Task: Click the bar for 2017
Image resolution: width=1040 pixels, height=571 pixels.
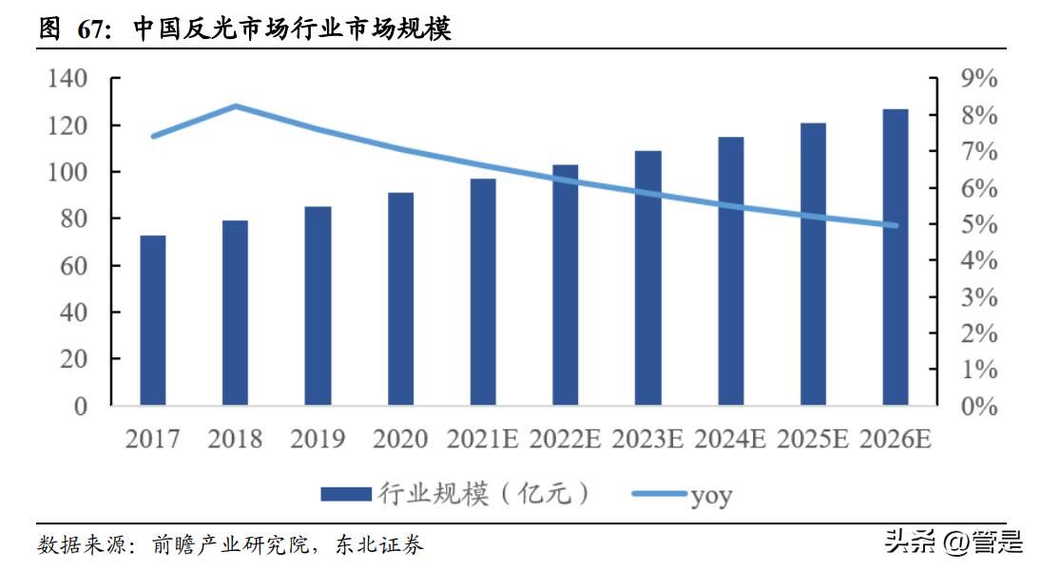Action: tap(152, 320)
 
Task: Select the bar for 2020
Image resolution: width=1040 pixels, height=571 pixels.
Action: tap(400, 299)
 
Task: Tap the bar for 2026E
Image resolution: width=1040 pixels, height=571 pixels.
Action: tap(896, 257)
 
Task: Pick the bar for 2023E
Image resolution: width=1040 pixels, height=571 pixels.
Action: tap(647, 278)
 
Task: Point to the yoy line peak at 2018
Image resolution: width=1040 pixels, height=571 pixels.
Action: tap(236, 106)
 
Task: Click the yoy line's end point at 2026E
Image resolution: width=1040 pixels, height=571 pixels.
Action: tap(895, 225)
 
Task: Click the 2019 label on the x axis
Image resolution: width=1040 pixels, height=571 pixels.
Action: tap(318, 440)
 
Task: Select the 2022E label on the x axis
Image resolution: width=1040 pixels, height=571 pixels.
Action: tap(566, 440)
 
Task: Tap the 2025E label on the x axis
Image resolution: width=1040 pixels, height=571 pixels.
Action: tap(813, 440)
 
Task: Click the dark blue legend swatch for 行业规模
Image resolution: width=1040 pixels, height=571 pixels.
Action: tap(345, 494)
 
